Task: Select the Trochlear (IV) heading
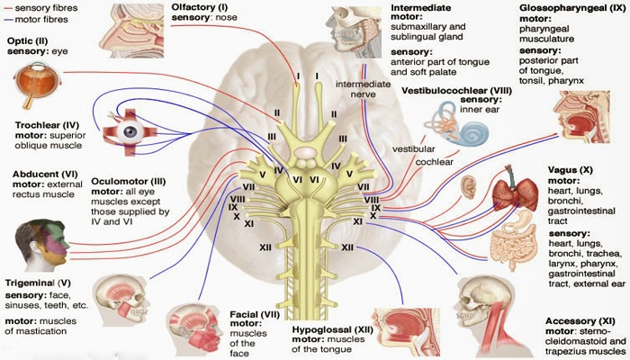tap(47, 125)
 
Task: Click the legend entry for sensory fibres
tap(40, 7)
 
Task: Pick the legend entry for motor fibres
tap(36, 19)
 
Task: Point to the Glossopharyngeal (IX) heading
tap(572, 8)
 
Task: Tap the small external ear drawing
tap(468, 187)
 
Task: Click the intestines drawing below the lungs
tap(513, 241)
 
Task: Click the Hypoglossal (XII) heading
tap(332, 330)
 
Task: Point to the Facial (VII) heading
tap(255, 314)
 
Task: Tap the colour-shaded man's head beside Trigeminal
tap(41, 245)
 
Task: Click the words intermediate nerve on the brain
tap(364, 89)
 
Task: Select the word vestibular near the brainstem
tap(414, 149)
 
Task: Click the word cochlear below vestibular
tap(435, 162)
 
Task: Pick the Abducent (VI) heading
tap(45, 175)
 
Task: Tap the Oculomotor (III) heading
tap(128, 181)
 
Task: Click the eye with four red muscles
tap(130, 132)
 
